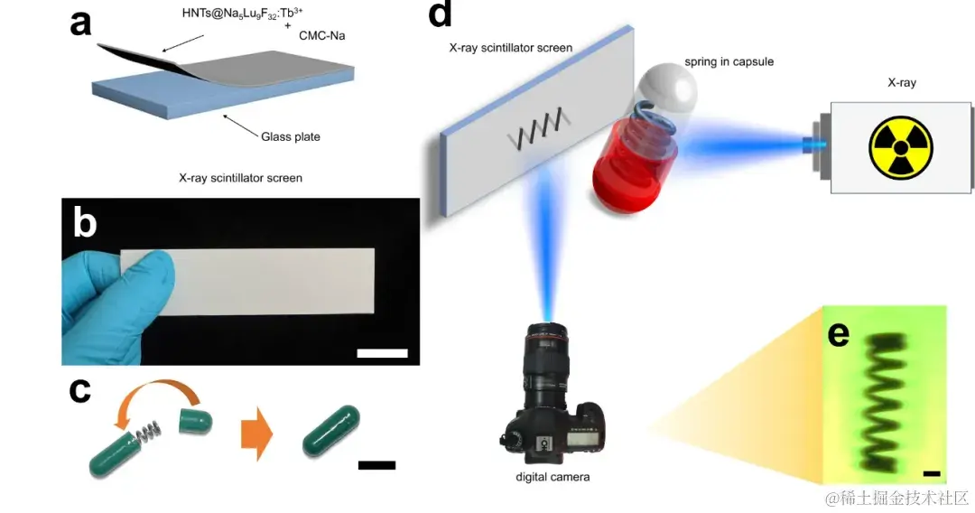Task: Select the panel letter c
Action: pos(80,390)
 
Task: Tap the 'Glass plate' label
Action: pos(291,137)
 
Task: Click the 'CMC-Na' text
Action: pos(320,35)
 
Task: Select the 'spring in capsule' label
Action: pos(729,61)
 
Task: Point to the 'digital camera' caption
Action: pos(552,476)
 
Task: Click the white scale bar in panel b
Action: pos(382,352)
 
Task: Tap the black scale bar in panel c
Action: pos(376,465)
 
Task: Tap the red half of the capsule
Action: pos(626,173)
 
